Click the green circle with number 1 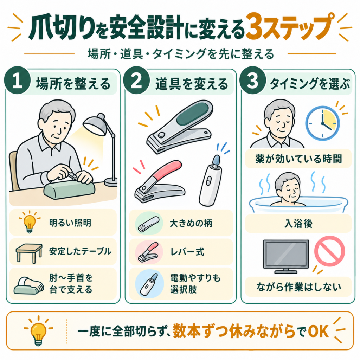(x=17, y=80)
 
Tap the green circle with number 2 (x=136, y=80)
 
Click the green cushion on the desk (x=69, y=188)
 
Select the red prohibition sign (x=329, y=251)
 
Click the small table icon (x=29, y=253)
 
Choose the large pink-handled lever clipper (x=159, y=181)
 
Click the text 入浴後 (x=298, y=223)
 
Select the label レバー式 (x=187, y=252)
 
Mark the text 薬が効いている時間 (x=298, y=159)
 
